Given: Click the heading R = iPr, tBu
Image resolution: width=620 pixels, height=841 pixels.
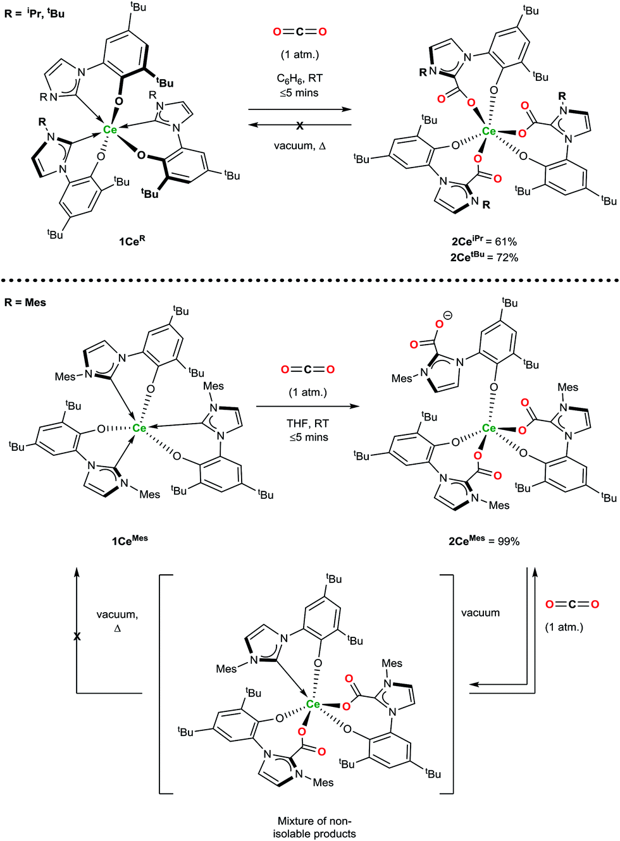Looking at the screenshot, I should click(x=35, y=13).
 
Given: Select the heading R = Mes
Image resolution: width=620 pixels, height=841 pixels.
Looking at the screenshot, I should click(x=25, y=302).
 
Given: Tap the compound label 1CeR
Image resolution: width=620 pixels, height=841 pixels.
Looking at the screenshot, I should click(x=132, y=241).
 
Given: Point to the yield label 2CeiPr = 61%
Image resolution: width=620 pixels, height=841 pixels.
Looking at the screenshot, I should click(x=484, y=241).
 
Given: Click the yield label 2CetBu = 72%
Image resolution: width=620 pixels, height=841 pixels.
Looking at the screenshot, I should click(x=484, y=257).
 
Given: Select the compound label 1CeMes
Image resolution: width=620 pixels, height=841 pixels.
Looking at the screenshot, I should click(x=130, y=540).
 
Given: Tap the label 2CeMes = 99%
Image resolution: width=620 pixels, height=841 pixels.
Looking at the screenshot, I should click(x=484, y=541).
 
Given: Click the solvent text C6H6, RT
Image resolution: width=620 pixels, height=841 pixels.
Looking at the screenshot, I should click(x=300, y=78).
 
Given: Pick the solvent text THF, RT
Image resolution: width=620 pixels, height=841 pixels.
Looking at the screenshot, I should click(x=308, y=423).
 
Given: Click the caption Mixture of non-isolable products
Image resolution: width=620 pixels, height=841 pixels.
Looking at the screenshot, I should click(x=314, y=827).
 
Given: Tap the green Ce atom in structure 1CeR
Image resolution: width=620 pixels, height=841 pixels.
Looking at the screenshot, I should click(x=110, y=130).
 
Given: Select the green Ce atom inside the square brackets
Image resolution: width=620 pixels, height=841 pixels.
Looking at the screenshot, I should click(x=313, y=704).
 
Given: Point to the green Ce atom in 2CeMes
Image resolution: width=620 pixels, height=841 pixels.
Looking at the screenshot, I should click(x=489, y=428).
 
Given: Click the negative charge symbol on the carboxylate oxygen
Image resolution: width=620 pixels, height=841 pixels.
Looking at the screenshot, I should click(x=448, y=315).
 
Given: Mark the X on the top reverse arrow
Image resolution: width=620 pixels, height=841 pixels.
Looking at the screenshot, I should click(x=300, y=126).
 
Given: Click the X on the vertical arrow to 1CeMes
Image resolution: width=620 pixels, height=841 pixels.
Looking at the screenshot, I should click(x=77, y=636).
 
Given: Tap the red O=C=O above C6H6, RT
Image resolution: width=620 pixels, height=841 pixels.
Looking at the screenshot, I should click(x=300, y=32).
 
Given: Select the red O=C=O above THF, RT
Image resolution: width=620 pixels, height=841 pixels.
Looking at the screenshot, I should click(x=308, y=369).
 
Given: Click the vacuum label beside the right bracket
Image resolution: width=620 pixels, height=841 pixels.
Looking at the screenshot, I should click(x=480, y=613).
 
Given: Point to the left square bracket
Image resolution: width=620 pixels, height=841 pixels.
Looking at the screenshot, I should click(x=161, y=683).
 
